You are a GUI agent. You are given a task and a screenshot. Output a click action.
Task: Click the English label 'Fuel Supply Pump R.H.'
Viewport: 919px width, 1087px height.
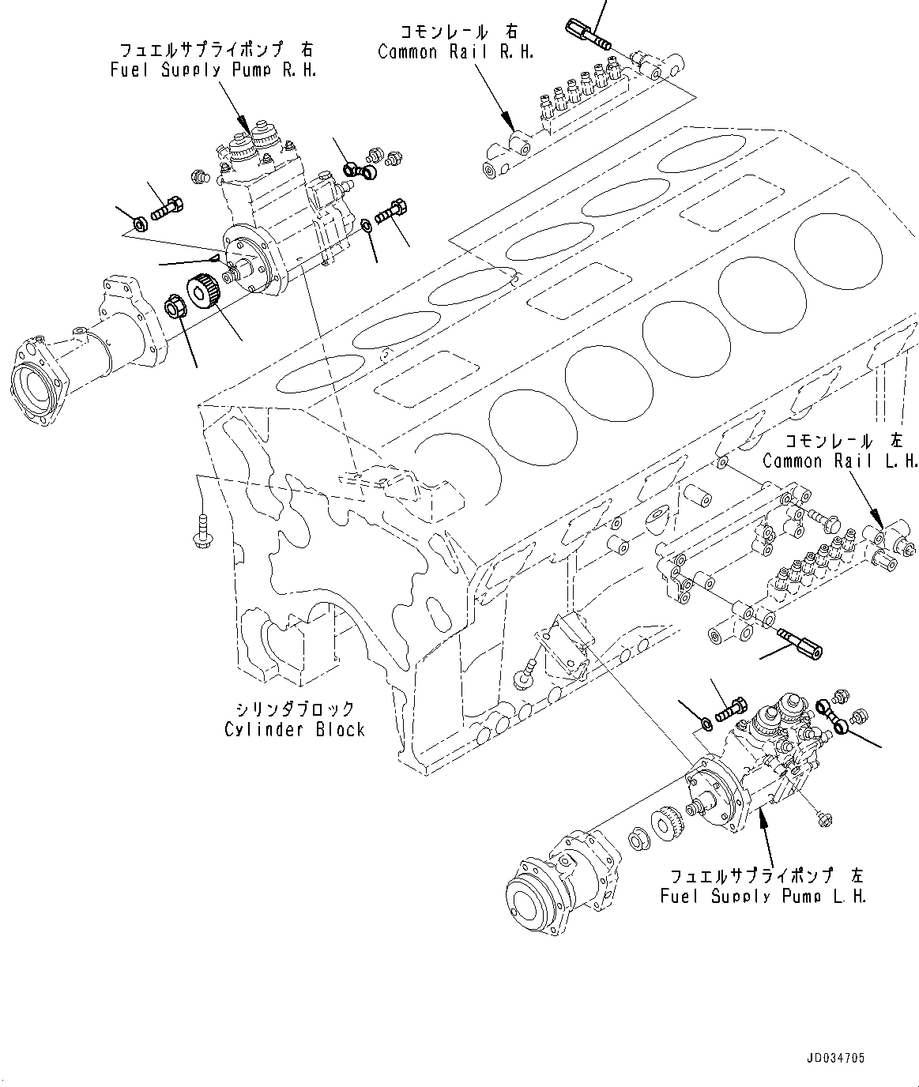click(x=213, y=71)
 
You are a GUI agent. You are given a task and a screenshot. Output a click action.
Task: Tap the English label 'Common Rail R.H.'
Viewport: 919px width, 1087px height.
click(x=456, y=52)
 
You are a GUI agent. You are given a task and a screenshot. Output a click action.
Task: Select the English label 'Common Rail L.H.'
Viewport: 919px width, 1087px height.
click(x=840, y=461)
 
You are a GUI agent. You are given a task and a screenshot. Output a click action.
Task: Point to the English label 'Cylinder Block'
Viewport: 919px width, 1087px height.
click(x=295, y=729)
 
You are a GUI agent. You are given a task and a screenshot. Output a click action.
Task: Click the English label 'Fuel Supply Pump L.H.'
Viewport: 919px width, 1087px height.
click(x=763, y=897)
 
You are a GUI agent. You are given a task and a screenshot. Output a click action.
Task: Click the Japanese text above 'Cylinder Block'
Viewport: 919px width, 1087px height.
click(x=295, y=709)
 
